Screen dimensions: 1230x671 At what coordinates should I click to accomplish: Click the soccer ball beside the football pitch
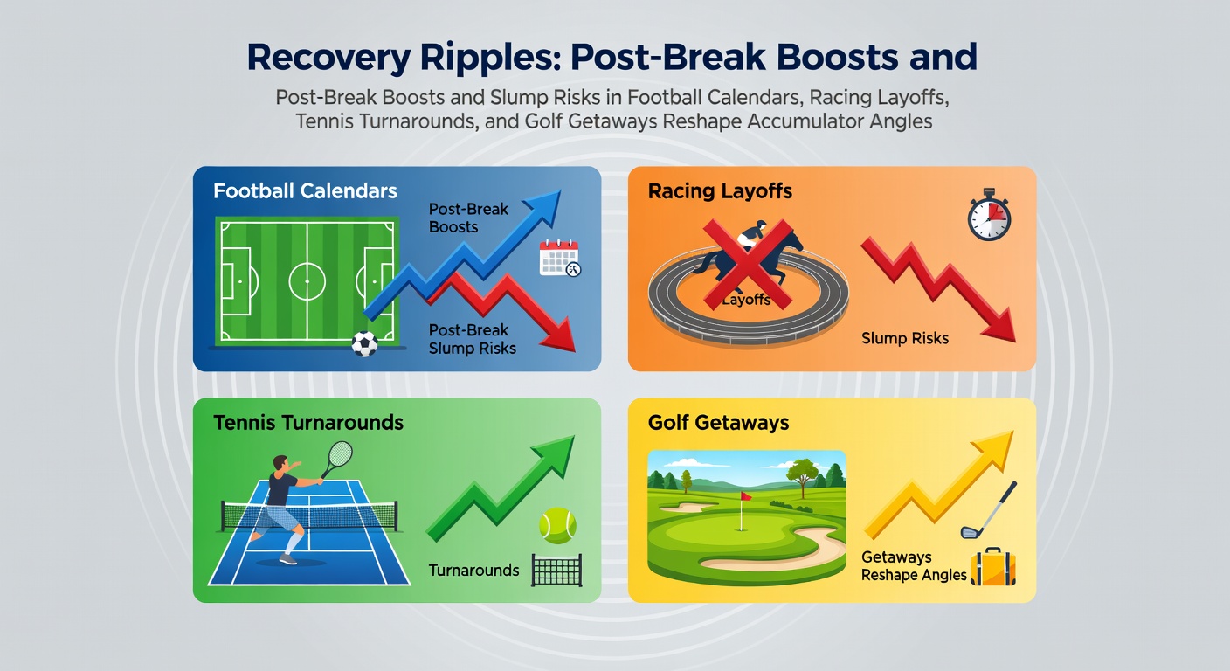pos(364,344)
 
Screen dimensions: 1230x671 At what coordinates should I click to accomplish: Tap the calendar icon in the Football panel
pos(560,258)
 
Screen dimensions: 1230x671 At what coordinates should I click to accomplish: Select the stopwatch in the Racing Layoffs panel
pos(989,215)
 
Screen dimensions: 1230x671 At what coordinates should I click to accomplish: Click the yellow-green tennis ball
pos(557,525)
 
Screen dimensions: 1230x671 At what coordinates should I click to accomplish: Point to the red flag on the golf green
pos(746,496)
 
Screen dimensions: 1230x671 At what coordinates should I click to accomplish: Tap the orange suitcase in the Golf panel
pos(993,567)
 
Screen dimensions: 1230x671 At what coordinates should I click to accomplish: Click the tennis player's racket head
pos(341,453)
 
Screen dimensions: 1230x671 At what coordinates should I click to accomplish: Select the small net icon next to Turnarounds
pos(556,571)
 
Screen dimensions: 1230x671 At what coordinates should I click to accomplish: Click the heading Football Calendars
pos(305,191)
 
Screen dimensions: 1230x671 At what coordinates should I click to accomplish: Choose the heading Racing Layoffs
pos(720,191)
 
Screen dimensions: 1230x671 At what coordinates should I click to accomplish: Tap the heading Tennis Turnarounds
pos(308,422)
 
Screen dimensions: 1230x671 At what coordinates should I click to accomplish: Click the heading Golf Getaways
pos(718,422)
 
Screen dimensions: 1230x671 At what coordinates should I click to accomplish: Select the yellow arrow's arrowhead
pos(993,448)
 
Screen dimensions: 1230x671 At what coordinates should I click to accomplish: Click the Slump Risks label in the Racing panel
pos(905,338)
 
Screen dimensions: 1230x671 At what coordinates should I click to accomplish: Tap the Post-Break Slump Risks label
pos(473,339)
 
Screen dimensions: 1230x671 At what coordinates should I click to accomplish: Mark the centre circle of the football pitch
pos(307,281)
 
